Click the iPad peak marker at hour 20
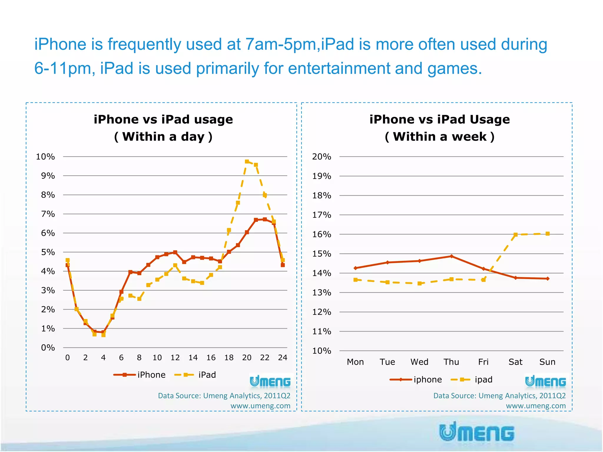tap(247, 161)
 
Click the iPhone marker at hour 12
tap(175, 252)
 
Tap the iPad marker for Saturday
tap(516, 235)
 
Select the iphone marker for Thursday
tap(451, 256)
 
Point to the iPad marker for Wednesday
tap(420, 283)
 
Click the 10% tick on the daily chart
tap(45, 157)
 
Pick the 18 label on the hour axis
tap(229, 358)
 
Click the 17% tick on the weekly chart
tap(322, 215)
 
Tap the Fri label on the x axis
tap(483, 362)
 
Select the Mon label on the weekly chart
tap(355, 362)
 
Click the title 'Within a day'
tap(163, 137)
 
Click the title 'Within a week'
tap(440, 137)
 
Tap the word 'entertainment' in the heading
tap(339, 68)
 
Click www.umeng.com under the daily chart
tap(260, 406)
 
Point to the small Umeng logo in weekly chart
tap(545, 382)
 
